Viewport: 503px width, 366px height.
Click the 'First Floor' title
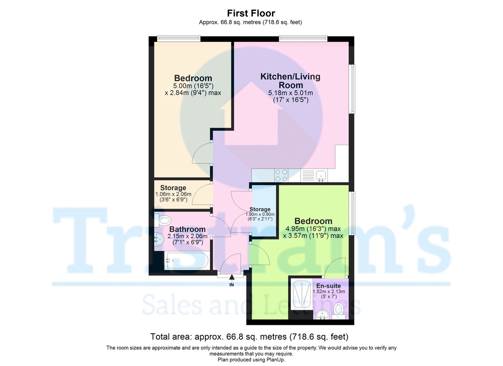[x=251, y=13]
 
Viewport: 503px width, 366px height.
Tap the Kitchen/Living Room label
[x=290, y=81]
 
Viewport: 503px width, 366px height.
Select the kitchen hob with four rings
[x=280, y=174]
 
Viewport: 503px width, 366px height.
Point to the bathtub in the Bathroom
[x=186, y=260]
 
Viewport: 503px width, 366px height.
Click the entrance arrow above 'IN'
[x=231, y=276]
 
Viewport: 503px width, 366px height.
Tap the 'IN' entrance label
[x=231, y=285]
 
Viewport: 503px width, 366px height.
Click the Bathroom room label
[x=187, y=229]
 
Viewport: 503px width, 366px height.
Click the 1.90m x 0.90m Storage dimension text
[x=260, y=217]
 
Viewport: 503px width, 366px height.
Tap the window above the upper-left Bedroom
[x=179, y=39]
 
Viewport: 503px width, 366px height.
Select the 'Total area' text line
[x=249, y=336]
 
